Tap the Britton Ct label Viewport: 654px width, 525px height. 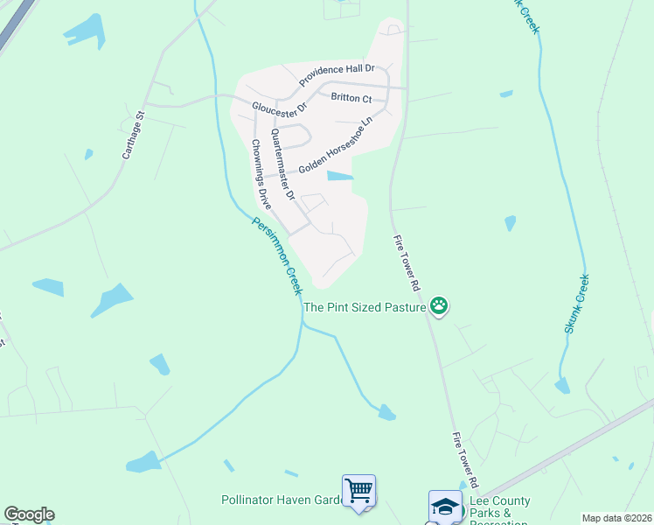point(351,98)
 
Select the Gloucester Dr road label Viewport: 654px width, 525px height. point(280,108)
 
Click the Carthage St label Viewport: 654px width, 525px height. point(132,134)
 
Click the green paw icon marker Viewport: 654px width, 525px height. point(439,306)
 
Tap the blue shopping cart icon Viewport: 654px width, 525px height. point(359,490)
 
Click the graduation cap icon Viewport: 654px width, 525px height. point(444,506)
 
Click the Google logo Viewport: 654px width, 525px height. point(29,514)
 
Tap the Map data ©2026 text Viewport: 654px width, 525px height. point(616,518)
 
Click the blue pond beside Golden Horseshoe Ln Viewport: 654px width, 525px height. point(340,176)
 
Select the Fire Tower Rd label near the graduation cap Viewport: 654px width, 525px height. point(465,460)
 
